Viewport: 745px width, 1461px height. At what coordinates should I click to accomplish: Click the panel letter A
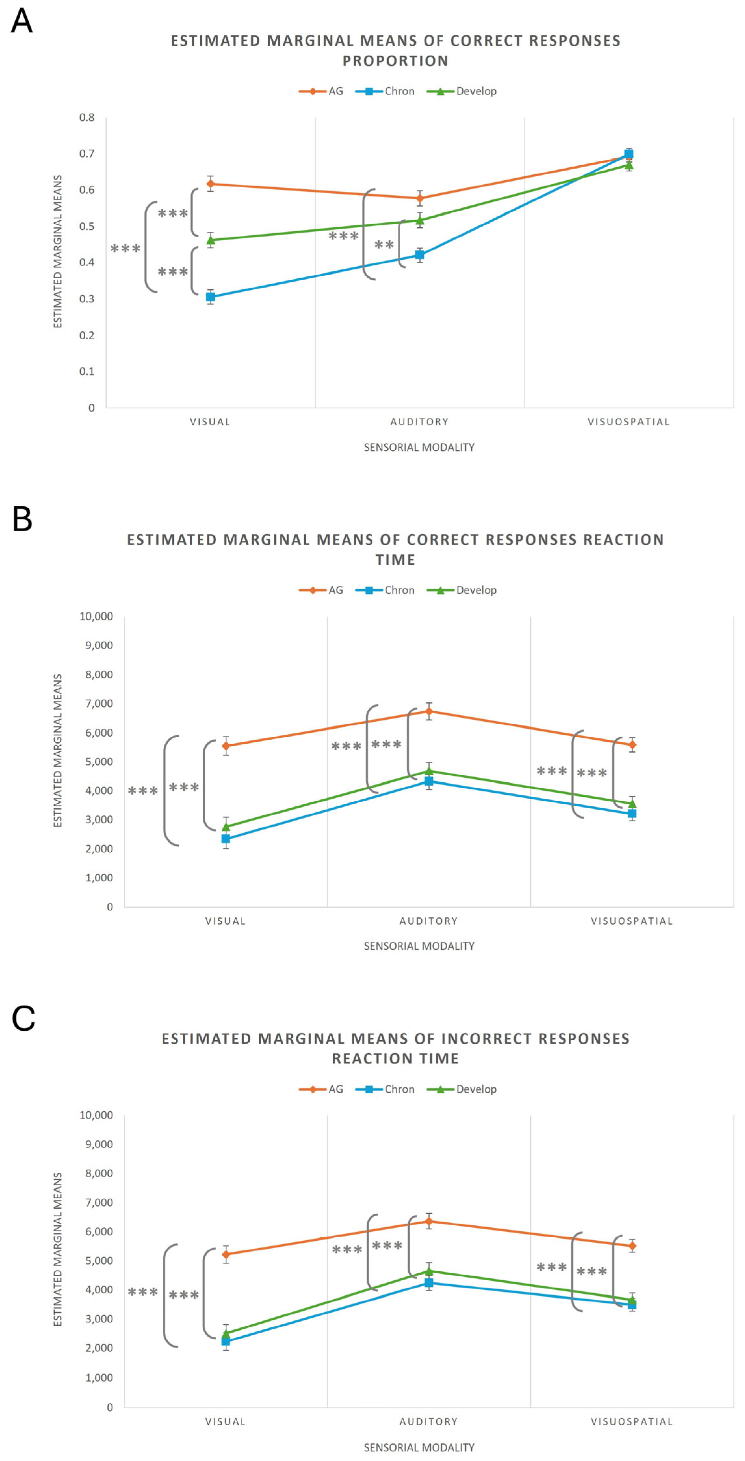click(x=21, y=21)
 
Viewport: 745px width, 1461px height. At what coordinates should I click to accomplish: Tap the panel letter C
click(x=23, y=1018)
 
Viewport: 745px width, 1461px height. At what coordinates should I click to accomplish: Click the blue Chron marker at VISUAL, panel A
click(x=211, y=297)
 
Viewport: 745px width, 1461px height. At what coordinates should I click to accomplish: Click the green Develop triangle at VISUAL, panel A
click(x=211, y=240)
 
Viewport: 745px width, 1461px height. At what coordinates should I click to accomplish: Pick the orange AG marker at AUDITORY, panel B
click(x=429, y=711)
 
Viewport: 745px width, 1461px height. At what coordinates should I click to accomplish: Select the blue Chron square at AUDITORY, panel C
click(x=429, y=1283)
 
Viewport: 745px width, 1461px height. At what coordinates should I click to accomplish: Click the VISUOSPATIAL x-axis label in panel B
click(x=632, y=921)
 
